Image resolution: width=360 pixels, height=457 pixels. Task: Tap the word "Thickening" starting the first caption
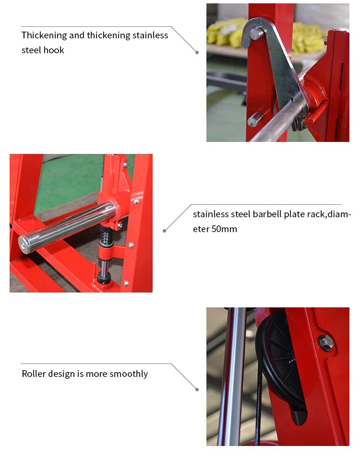[44, 35]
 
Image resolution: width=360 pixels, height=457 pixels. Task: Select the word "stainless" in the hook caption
[150, 35]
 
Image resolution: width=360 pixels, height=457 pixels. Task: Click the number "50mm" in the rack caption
[224, 229]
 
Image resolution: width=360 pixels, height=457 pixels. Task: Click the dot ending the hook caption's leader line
[197, 52]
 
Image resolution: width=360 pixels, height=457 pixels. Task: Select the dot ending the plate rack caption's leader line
[165, 231]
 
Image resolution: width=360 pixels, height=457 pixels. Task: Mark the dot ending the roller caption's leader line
[197, 389]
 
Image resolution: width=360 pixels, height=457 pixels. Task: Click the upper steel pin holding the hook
[256, 34]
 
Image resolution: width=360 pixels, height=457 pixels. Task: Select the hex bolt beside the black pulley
[326, 343]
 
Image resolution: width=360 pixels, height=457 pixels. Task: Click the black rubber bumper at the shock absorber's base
[104, 278]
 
